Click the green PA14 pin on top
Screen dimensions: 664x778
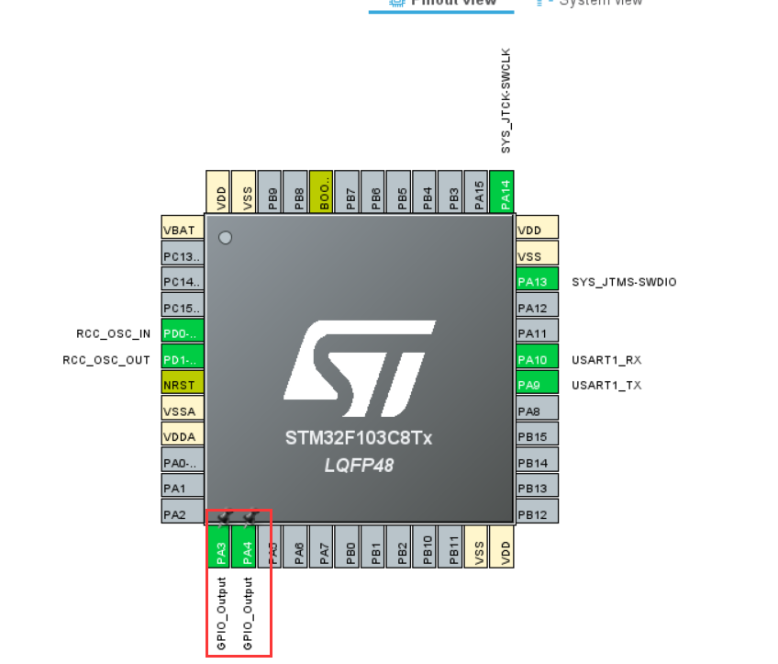point(502,192)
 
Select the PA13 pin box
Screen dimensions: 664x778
point(538,282)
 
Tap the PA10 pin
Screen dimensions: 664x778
point(538,359)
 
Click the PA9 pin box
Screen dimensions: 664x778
point(538,385)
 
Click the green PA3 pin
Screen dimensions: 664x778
point(221,550)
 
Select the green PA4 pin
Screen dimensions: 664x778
point(247,550)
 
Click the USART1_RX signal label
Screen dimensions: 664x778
point(606,359)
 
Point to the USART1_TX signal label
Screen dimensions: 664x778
point(606,385)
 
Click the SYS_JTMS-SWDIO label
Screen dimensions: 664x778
point(624,282)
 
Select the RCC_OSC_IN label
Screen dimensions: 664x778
point(114,333)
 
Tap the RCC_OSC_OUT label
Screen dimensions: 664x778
point(106,360)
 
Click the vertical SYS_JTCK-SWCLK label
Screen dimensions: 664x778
point(506,101)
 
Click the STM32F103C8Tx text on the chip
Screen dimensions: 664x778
point(359,438)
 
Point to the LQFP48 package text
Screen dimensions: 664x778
point(359,466)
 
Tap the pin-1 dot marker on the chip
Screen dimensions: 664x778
point(225,238)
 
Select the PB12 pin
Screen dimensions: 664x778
point(538,514)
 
